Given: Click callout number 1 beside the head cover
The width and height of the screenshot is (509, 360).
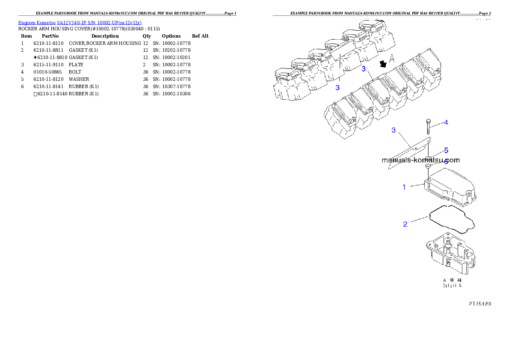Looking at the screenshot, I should click(x=404, y=187).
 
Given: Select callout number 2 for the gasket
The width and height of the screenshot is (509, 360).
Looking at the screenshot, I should click(x=405, y=224).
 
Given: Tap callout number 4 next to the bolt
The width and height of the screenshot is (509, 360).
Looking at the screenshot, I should click(x=446, y=123).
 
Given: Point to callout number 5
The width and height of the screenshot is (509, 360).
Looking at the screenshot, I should click(x=446, y=150).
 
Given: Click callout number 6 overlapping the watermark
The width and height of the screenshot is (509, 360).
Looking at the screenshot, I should click(x=446, y=162).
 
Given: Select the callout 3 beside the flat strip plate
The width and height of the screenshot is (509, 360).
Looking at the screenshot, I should click(x=394, y=130).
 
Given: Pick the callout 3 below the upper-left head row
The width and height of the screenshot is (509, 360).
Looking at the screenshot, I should click(x=337, y=88).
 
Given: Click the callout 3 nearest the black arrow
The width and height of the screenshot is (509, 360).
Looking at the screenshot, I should click(x=364, y=68).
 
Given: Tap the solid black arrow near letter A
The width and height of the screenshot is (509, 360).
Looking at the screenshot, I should click(x=384, y=64).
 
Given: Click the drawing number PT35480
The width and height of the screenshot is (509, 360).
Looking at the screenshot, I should click(x=479, y=304).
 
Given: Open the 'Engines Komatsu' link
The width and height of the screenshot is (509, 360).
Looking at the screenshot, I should click(x=37, y=22).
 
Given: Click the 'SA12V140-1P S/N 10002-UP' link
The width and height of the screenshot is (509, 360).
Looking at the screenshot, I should click(x=99, y=22).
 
